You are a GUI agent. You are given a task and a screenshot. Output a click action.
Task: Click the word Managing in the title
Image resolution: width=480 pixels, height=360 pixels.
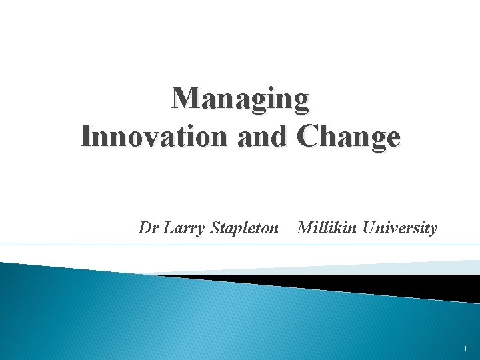[x=241, y=99]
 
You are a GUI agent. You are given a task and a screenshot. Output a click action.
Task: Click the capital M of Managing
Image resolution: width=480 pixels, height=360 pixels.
[x=185, y=99]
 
